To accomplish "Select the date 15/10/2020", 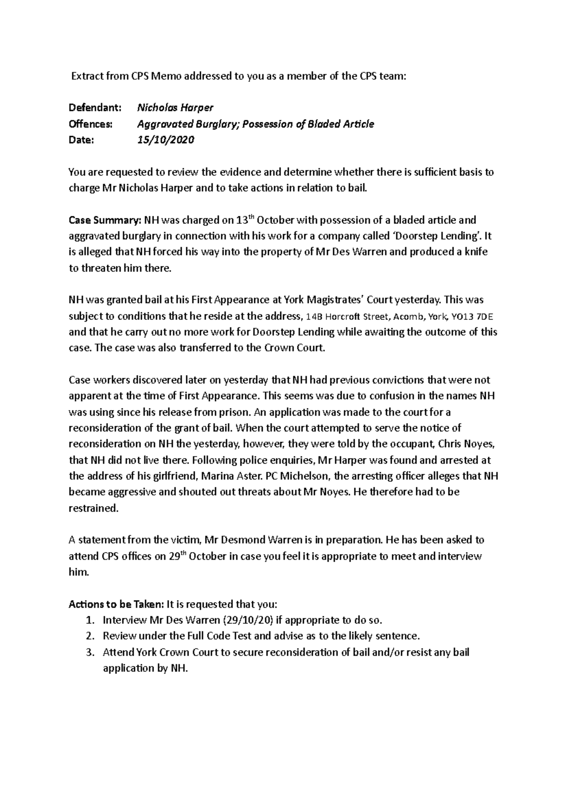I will tap(165, 140).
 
